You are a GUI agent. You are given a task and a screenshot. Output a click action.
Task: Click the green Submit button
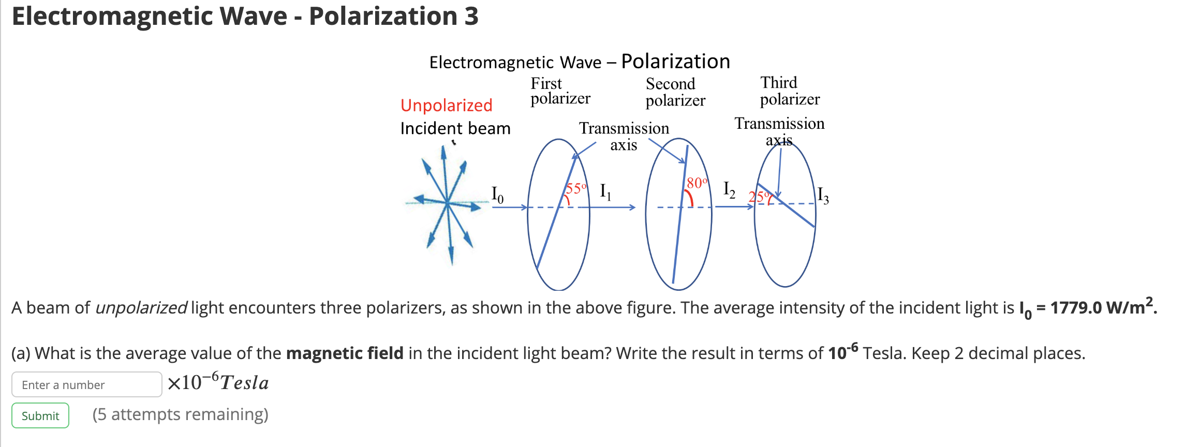[x=40, y=415]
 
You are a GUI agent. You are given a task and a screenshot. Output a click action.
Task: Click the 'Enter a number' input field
[x=86, y=384]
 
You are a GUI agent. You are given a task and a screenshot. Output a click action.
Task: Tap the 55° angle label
[x=576, y=188]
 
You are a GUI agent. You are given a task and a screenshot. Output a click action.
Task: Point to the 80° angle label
[x=697, y=183]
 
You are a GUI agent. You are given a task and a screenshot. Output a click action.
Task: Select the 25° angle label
[x=759, y=197]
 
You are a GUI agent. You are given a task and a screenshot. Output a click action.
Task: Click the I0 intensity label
[x=497, y=194]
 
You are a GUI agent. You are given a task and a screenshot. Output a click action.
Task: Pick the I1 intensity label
[x=605, y=191]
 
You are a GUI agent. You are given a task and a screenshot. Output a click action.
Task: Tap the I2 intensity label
[x=729, y=190]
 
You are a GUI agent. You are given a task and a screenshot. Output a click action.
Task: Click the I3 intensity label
[x=823, y=196]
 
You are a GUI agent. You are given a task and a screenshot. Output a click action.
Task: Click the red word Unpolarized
[x=446, y=105]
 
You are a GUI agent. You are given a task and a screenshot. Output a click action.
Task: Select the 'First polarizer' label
[x=560, y=91]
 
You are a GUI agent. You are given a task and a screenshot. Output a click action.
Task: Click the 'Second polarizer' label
[x=675, y=92]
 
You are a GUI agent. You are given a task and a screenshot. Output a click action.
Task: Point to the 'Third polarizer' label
[x=789, y=91]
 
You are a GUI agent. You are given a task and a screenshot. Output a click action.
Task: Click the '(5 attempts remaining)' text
[x=180, y=414]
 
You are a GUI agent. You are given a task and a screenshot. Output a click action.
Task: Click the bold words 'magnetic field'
[x=344, y=353]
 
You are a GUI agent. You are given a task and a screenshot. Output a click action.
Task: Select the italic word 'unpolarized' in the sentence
[x=141, y=308]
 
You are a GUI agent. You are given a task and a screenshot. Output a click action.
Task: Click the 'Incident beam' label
[x=455, y=128]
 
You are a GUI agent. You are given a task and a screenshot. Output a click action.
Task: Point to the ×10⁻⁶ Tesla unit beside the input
[x=218, y=383]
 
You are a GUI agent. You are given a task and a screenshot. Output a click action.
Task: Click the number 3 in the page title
[x=471, y=16]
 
